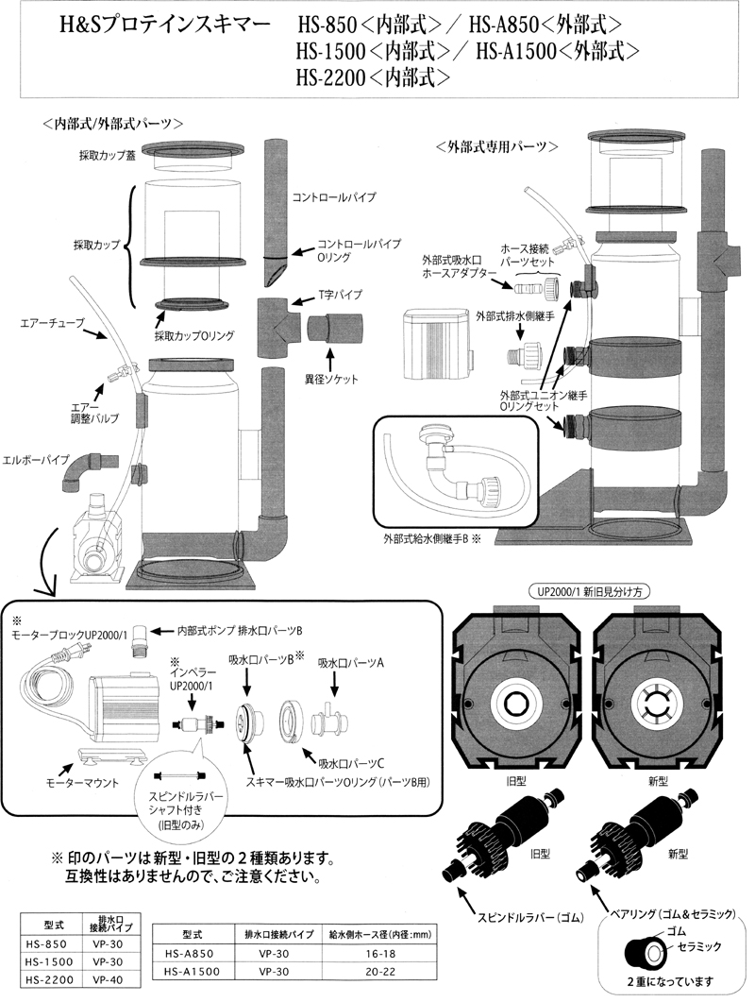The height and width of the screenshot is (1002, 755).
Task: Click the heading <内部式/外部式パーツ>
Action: (112, 123)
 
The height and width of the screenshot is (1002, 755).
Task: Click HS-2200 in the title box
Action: (336, 79)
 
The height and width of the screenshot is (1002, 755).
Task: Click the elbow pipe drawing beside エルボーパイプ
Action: (83, 472)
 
